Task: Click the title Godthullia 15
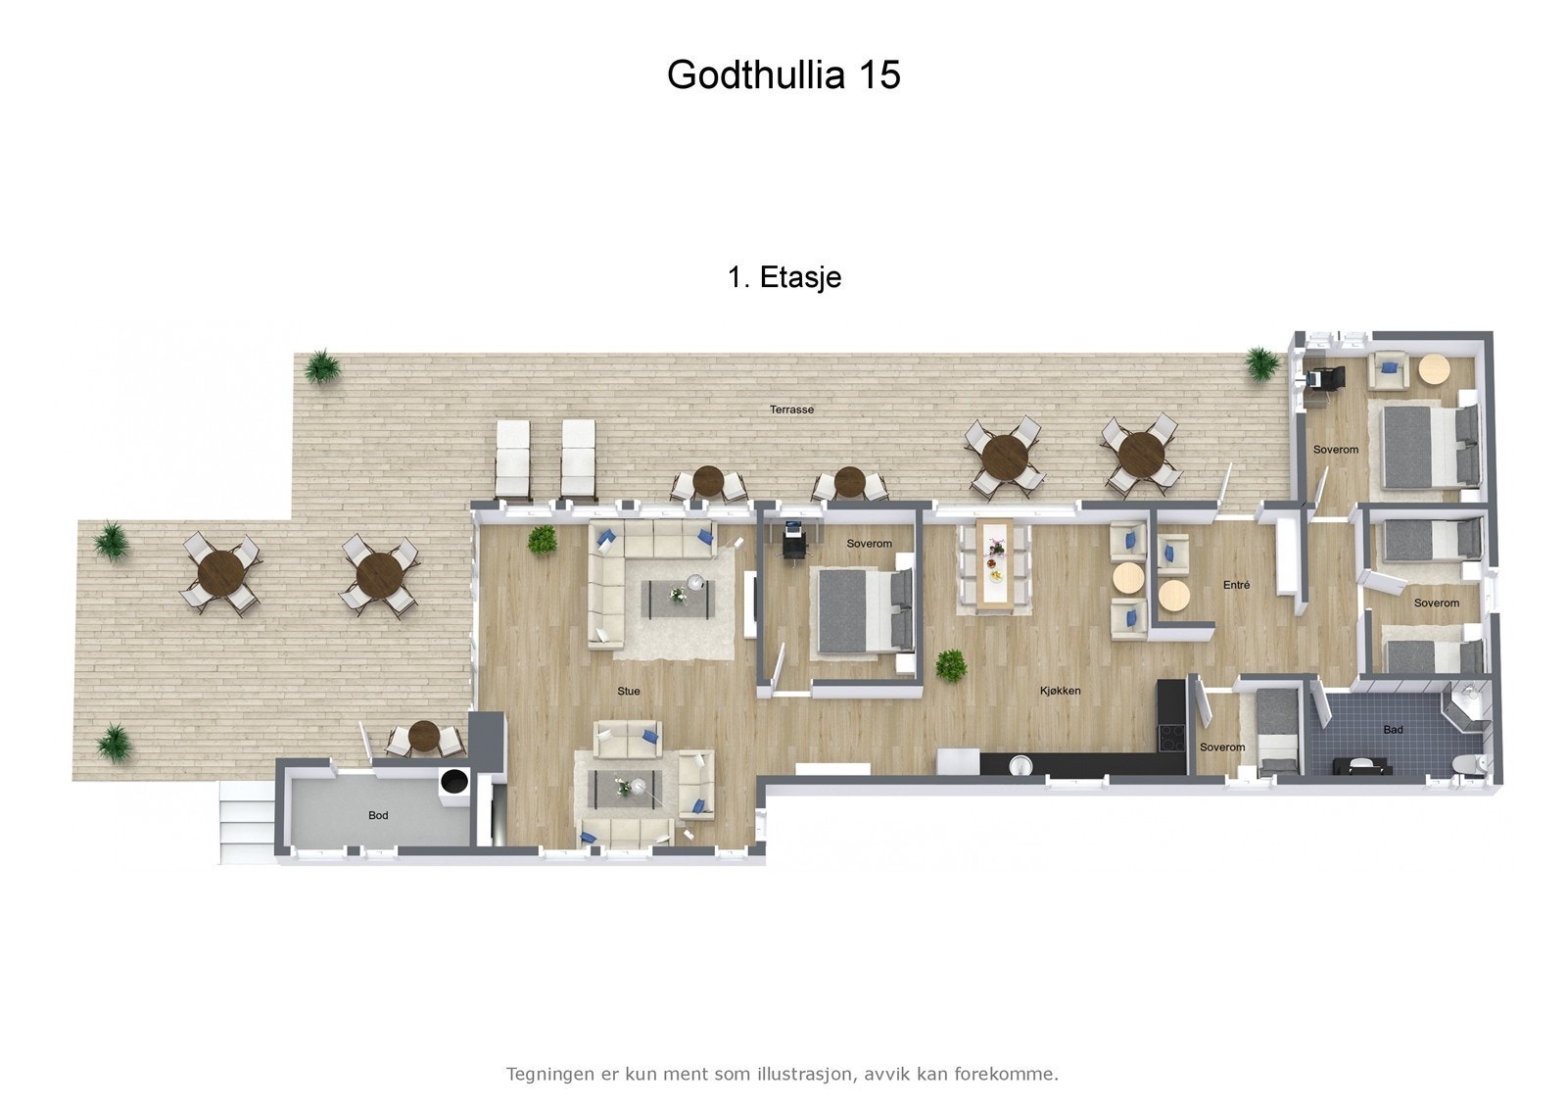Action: [783, 74]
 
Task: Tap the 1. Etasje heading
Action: [784, 277]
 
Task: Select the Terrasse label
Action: [791, 409]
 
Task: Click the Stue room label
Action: [629, 691]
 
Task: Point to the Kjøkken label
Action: [1060, 691]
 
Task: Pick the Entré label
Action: [1237, 585]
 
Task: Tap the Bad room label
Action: [1393, 729]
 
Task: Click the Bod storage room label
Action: [378, 815]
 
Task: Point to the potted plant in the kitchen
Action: [950, 666]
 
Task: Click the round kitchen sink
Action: [1019, 764]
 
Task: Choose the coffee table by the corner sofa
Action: [678, 597]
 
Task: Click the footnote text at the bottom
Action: [783, 1074]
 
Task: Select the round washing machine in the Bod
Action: [453, 782]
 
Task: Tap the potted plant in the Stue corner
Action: [542, 539]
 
